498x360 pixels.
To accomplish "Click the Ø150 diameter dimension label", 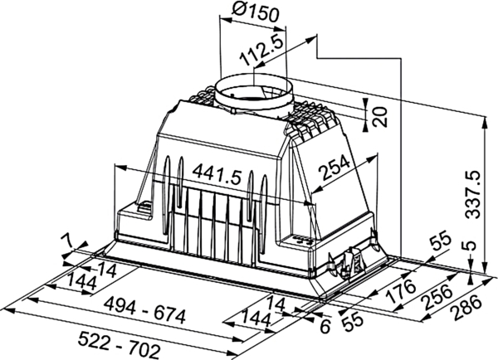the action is (255, 12).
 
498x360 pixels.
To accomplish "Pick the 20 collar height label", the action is (379, 117).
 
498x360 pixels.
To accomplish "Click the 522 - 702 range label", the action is (119, 344).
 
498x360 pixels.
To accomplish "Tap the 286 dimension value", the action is (468, 307).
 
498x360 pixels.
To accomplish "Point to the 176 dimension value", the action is (401, 291).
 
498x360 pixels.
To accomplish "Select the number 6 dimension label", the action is (325, 326).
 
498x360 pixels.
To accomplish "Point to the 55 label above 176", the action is (441, 241).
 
